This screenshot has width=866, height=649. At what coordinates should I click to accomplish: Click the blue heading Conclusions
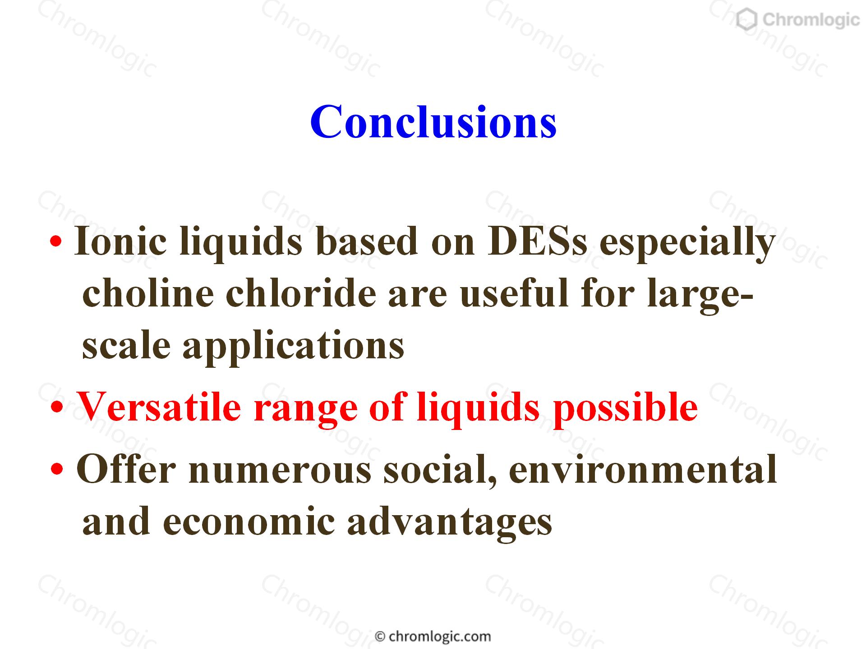[x=433, y=122]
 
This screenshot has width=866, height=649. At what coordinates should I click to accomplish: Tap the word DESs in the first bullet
[x=537, y=241]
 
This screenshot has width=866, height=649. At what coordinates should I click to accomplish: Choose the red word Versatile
[x=160, y=407]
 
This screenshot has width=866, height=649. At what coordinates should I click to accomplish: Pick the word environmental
[x=643, y=469]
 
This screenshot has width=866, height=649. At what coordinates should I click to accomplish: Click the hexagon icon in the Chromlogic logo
[x=747, y=20]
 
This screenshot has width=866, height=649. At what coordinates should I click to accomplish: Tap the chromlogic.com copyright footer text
[x=433, y=636]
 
